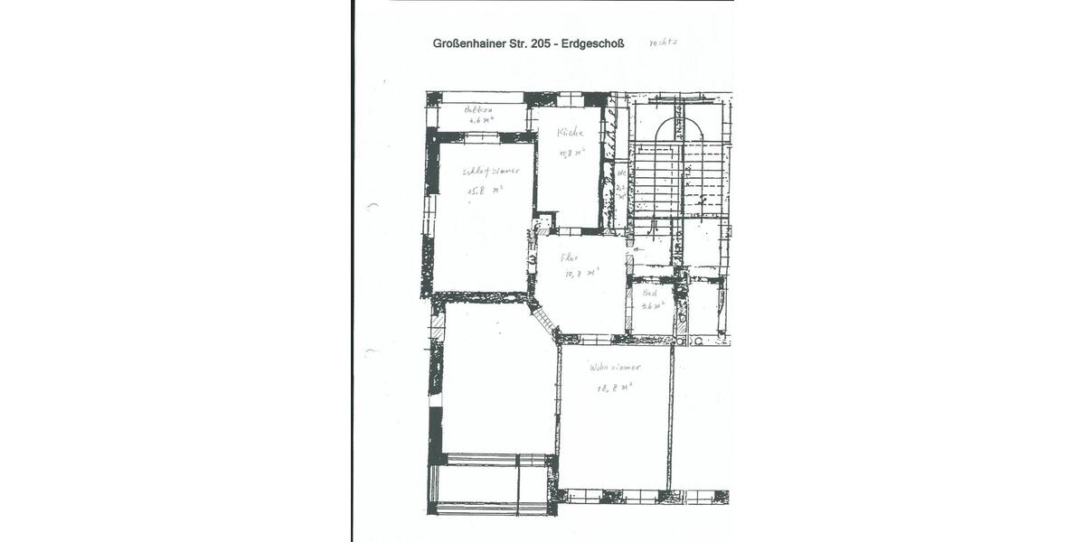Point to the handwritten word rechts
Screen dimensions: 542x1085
click(x=663, y=42)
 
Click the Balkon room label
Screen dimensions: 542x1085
click(x=478, y=110)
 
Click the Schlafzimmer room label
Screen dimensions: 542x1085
click(x=491, y=170)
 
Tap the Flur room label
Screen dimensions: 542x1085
click(x=569, y=257)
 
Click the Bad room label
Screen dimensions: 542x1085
click(x=649, y=293)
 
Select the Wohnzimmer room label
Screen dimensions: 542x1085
click(x=614, y=368)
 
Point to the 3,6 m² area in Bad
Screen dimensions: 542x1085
click(x=652, y=305)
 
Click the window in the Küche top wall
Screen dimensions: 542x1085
click(x=570, y=99)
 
